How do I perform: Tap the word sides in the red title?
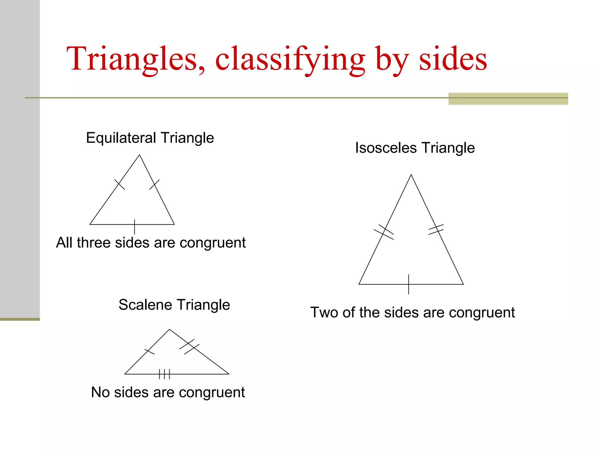[x=453, y=59]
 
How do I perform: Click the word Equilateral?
[x=121, y=138]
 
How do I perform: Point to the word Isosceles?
[x=385, y=148]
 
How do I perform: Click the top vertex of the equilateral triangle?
[x=140, y=155]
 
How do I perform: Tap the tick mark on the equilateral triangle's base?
[x=134, y=227]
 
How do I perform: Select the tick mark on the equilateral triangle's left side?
[x=119, y=184]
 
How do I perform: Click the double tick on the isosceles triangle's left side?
[x=384, y=232]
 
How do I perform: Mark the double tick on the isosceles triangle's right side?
[x=436, y=229]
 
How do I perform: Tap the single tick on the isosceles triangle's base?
[x=408, y=284]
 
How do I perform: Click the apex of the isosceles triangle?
[x=411, y=175]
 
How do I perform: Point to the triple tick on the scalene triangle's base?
[x=164, y=374]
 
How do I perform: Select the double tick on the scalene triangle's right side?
[x=189, y=347]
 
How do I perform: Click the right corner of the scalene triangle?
[x=229, y=374]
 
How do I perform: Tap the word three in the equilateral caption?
[x=93, y=243]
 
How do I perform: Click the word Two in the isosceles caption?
[x=324, y=312]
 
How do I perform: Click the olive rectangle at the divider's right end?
[x=508, y=99]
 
